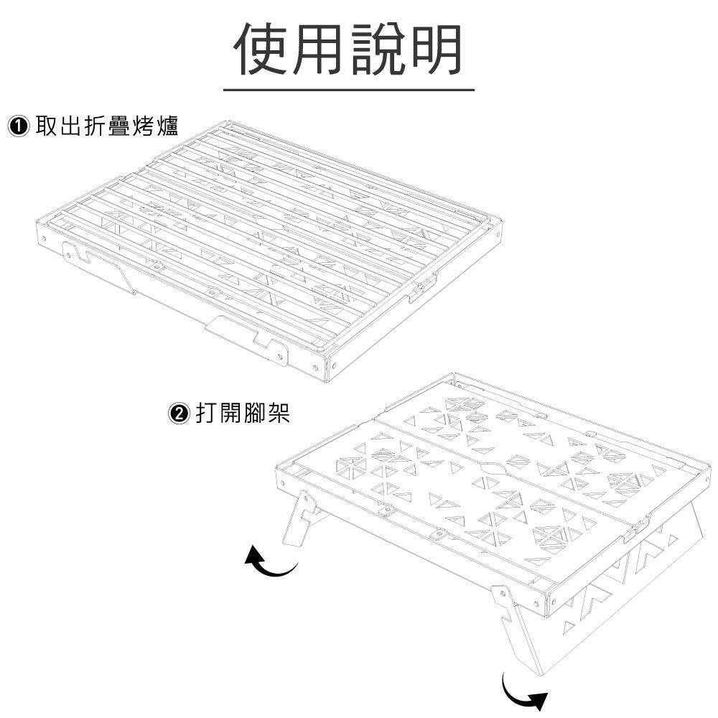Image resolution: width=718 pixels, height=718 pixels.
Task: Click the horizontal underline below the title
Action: coord(349,89)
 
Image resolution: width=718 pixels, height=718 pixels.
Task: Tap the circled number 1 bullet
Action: coord(19,126)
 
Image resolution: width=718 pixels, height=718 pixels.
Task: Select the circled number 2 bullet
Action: coord(179,414)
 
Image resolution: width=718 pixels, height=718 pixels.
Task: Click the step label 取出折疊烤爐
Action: coord(107,126)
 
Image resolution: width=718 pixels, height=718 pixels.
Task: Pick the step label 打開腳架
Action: coord(243,414)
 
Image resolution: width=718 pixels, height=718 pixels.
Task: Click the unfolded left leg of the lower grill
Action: coord(298,520)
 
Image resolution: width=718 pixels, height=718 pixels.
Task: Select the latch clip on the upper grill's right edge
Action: coord(421,289)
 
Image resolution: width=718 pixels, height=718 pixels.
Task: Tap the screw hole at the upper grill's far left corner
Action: coord(44,238)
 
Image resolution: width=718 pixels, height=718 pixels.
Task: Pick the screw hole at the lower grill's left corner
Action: coord(281,483)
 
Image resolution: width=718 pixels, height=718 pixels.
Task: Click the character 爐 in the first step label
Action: coord(167,126)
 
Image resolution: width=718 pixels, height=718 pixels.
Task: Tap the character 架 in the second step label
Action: coord(279,414)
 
